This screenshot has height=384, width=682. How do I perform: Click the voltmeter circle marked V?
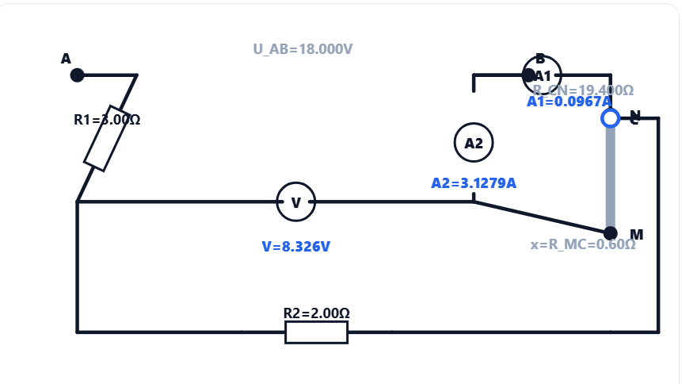point(295,202)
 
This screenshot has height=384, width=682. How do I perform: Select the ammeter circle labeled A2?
point(474,144)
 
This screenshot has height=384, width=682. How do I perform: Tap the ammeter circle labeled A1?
point(543,75)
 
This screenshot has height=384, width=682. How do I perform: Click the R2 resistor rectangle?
point(316,332)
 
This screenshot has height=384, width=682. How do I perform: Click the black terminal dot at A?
point(77,75)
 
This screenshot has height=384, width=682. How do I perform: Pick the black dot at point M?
point(610,233)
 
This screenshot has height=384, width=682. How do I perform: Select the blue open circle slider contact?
point(610,118)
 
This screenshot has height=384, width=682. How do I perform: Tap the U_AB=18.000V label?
point(303,49)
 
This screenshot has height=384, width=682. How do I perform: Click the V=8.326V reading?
point(295,247)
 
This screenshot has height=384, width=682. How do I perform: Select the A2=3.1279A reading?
point(473,183)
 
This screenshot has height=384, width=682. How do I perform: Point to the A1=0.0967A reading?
point(569,102)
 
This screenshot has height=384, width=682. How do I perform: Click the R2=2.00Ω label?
point(316,313)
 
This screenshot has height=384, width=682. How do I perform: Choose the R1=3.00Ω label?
point(107,120)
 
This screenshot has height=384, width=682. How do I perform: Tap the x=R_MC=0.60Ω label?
point(582,244)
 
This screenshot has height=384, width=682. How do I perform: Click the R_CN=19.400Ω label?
point(582,90)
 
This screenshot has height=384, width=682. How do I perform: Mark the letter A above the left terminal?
point(66,59)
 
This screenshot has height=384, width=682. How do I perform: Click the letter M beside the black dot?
point(636,234)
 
